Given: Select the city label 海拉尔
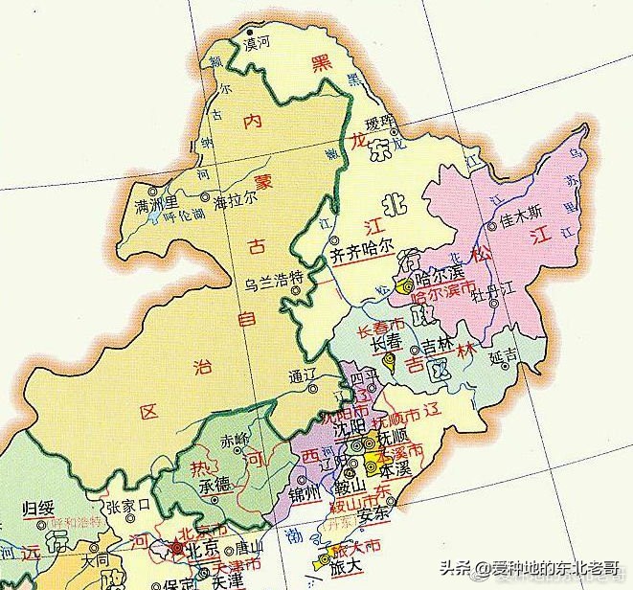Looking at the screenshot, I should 234,204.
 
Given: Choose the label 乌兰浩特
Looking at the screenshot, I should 275,278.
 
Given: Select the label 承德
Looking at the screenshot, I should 215,481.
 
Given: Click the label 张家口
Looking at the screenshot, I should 129,505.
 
